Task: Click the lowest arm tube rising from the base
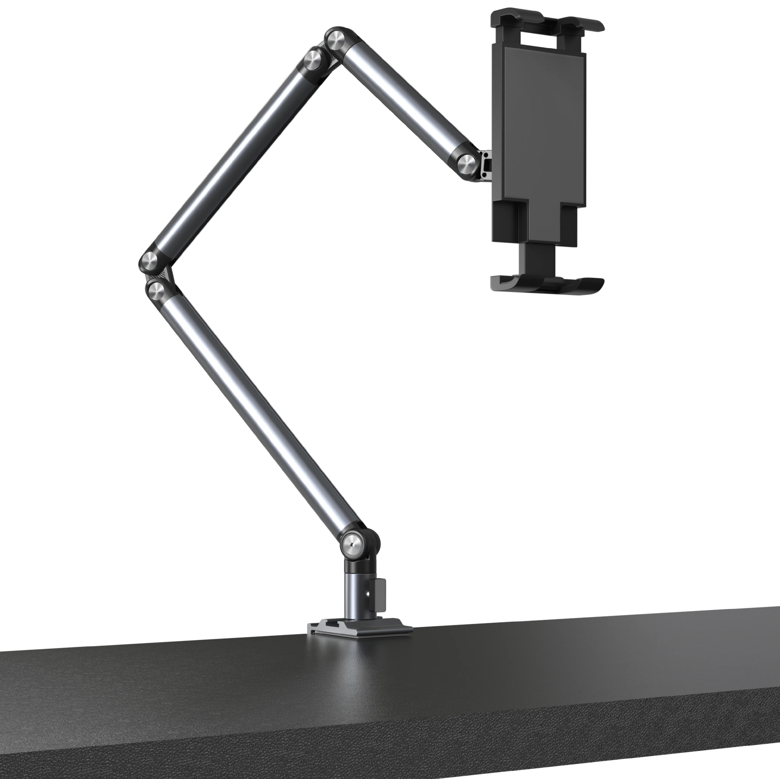tap(258, 412)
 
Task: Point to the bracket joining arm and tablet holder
tap(486, 165)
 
